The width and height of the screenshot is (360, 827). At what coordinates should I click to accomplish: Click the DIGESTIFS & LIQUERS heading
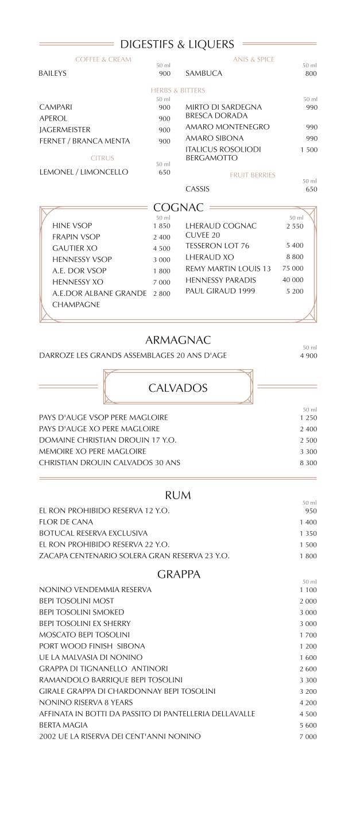(x=177, y=44)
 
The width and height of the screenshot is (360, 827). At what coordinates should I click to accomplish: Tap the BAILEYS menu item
(x=53, y=74)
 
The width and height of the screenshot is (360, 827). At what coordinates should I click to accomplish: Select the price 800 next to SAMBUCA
(x=311, y=74)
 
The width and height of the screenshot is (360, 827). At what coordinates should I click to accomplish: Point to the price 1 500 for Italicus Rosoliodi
(x=308, y=150)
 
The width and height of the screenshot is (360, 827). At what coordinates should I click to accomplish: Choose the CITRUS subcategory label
(x=102, y=158)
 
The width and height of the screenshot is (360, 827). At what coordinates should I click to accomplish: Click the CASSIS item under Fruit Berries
(x=198, y=189)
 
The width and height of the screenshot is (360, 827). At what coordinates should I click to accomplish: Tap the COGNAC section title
(x=179, y=208)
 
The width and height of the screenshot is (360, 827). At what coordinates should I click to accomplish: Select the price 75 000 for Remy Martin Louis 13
(x=293, y=269)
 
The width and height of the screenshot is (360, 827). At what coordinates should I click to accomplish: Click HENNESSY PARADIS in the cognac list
(x=220, y=280)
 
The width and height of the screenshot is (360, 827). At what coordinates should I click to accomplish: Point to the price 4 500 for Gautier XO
(x=161, y=249)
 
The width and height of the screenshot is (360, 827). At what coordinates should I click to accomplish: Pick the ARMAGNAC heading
(x=178, y=340)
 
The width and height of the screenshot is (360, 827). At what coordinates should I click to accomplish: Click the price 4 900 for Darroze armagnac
(x=308, y=355)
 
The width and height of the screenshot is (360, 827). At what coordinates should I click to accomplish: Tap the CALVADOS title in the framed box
(x=178, y=388)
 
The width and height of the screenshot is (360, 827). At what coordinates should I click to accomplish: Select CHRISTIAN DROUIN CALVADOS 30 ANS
(x=110, y=463)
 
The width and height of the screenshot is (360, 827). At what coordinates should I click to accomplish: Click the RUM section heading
(x=178, y=495)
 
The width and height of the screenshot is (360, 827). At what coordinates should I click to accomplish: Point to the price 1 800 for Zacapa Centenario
(x=308, y=556)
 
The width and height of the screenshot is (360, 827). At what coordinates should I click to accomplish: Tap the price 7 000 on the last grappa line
(x=308, y=737)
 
